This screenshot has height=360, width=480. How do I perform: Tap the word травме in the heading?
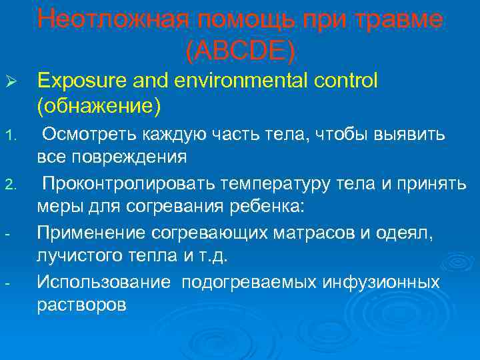click(399, 20)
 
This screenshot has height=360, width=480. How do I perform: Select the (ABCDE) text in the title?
click(240, 49)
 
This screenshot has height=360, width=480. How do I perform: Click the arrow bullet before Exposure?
click(12, 83)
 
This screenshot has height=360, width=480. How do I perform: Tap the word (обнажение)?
click(99, 105)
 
